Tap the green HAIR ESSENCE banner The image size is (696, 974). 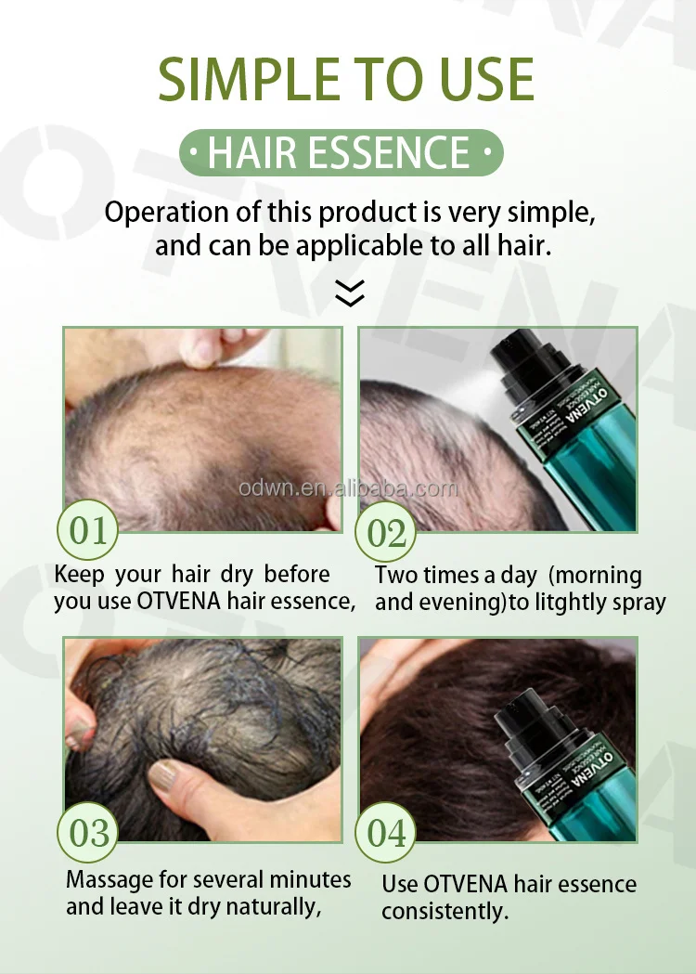tap(340, 153)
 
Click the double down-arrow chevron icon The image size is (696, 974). tap(349, 294)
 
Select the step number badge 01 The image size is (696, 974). tap(88, 532)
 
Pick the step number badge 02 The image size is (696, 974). tap(387, 533)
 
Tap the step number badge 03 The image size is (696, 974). tap(89, 833)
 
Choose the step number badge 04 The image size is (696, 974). tap(387, 833)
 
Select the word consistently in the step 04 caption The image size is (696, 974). tap(445, 912)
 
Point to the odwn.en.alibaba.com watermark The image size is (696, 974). tap(348, 488)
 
